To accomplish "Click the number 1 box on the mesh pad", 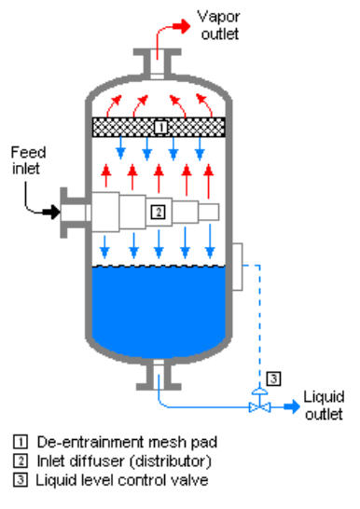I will (159, 125).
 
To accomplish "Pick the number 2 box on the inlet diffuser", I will (159, 213).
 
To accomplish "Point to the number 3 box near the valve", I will (271, 378).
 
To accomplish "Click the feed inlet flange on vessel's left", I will (69, 213).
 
